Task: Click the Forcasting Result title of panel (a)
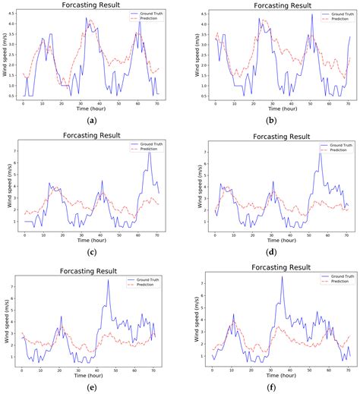pyautogui.click(x=92, y=5)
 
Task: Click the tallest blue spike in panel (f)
pyautogui.click(x=282, y=276)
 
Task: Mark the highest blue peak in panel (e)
pyautogui.click(x=109, y=280)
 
